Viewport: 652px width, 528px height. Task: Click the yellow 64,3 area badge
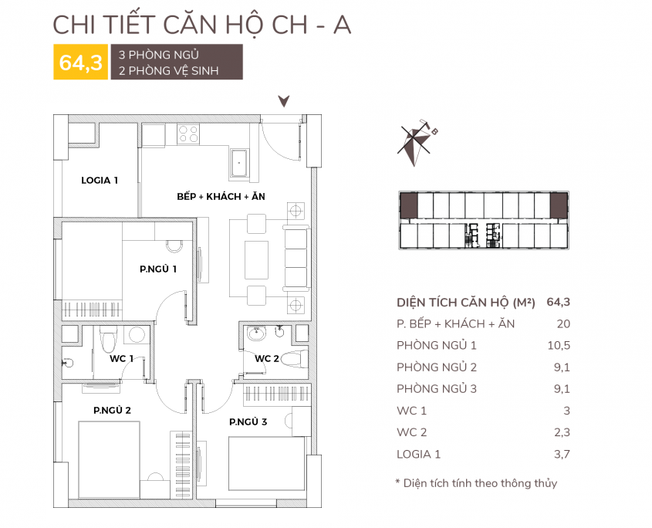point(81,62)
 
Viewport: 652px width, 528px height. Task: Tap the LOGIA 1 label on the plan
point(100,180)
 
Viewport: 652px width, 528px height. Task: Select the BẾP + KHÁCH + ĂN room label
point(221,196)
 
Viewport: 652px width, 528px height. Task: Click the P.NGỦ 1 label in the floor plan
point(158,269)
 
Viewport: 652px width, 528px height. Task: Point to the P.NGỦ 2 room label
point(113,410)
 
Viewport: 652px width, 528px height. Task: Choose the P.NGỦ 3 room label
point(248,422)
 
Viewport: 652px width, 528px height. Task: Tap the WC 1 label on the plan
point(121,359)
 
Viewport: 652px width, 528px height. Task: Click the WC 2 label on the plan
point(266,359)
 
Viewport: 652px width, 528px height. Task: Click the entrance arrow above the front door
point(284,101)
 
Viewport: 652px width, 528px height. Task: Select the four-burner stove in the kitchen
point(188,134)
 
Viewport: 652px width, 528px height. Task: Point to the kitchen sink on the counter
point(238,163)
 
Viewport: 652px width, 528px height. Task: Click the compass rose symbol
point(416,143)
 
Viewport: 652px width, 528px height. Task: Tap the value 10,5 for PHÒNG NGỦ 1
point(559,345)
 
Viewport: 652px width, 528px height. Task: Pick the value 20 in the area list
point(563,323)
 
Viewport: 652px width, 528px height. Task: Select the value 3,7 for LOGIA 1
point(562,454)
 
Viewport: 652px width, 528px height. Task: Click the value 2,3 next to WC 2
point(562,432)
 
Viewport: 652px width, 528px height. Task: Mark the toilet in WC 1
point(109,340)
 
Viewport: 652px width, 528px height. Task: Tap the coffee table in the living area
point(256,259)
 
